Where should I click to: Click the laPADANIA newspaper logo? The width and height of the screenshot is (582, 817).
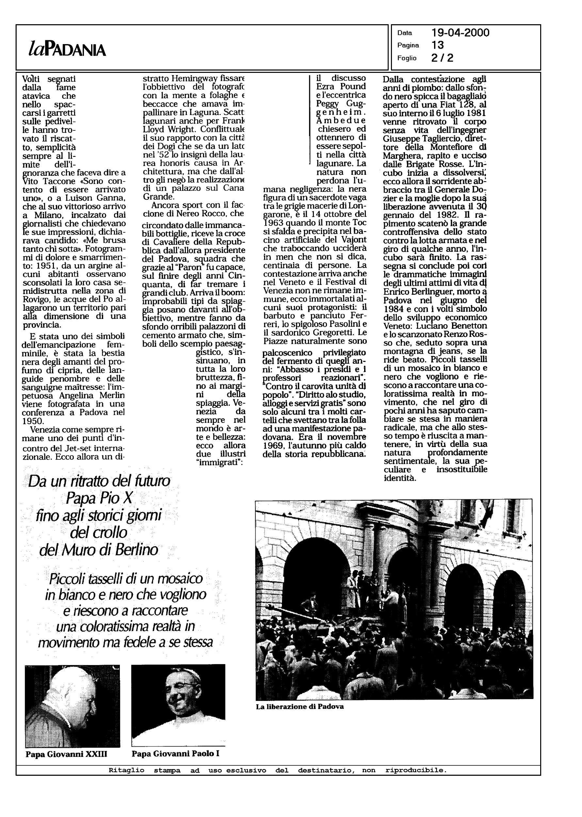[67, 49]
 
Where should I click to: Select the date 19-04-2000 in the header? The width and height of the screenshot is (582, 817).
[460, 33]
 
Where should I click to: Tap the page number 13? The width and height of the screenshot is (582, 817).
[438, 45]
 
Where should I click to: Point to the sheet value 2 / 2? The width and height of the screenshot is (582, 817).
[442, 58]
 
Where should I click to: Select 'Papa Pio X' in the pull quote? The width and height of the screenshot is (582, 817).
[99, 498]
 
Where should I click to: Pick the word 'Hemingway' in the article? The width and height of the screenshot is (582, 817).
[194, 78]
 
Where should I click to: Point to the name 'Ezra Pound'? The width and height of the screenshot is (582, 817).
[341, 86]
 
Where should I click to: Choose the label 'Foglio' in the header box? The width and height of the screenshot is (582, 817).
[407, 58]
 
